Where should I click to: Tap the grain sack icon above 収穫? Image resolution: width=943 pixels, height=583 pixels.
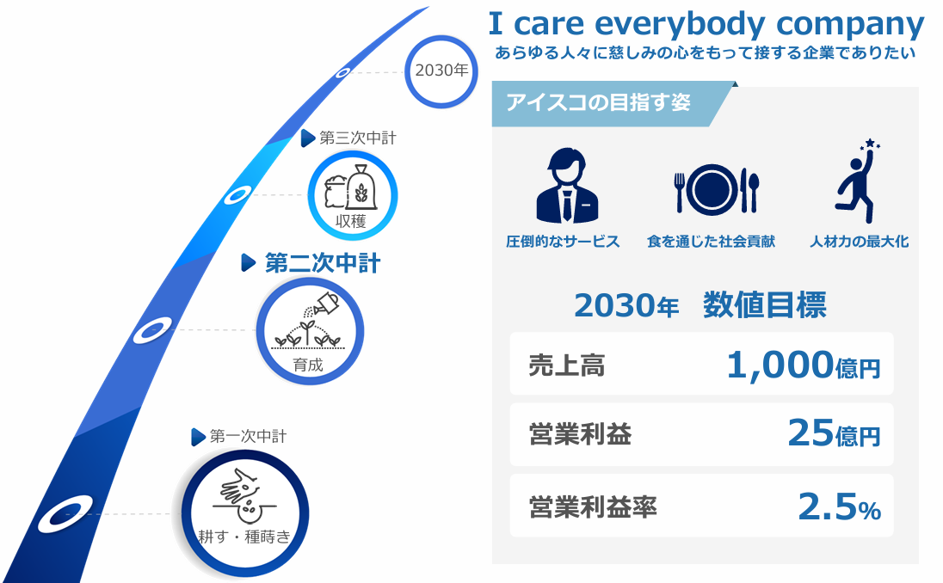point(351,187)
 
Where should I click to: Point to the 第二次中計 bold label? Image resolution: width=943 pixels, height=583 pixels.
point(323,263)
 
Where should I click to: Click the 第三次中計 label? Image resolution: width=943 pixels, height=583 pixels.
point(358,138)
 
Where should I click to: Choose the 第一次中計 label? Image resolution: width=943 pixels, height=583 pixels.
point(248,436)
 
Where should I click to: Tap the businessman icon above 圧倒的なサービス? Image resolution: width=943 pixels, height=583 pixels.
point(567,186)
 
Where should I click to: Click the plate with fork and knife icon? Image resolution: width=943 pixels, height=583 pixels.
point(716,190)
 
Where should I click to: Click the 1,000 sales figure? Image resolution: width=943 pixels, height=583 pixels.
point(780,365)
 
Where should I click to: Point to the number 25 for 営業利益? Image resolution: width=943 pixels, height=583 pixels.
point(810,433)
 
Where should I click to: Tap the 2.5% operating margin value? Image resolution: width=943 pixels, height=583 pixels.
point(840,506)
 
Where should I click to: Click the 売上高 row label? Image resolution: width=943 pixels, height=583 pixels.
point(566,365)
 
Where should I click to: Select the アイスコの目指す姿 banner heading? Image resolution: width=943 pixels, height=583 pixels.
point(598,102)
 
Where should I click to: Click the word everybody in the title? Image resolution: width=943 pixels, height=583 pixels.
point(680,24)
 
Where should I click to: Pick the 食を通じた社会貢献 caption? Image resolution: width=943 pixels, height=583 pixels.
point(711,242)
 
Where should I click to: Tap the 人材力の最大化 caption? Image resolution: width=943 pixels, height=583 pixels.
point(859,242)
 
